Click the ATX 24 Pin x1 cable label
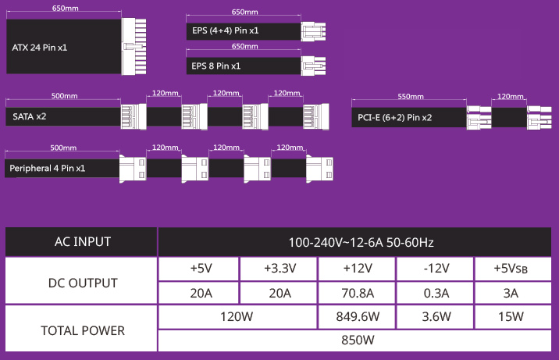[40, 48]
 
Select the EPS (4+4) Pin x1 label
[226, 32]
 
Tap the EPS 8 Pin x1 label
[216, 66]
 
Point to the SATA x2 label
[30, 116]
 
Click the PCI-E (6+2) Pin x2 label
[394, 118]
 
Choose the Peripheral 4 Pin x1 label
[48, 168]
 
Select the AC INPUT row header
[82, 242]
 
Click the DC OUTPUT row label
[82, 283]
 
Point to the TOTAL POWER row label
[82, 330]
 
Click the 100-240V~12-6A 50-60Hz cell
[358, 242]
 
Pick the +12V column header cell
[358, 269]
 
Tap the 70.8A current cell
[358, 294]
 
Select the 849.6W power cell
[358, 317]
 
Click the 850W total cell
[358, 340]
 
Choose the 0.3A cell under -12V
[436, 294]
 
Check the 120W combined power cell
[237, 317]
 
